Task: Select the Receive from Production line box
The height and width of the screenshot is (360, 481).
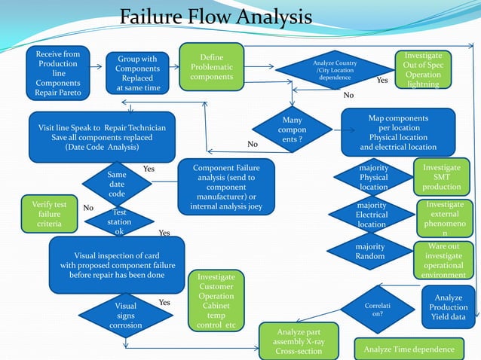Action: pyautogui.click(x=57, y=73)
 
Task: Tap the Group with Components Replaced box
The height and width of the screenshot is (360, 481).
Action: pyautogui.click(x=136, y=73)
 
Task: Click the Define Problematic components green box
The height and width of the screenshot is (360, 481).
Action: pyautogui.click(x=211, y=68)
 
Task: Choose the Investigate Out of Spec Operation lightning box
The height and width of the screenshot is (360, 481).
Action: pyautogui.click(x=423, y=70)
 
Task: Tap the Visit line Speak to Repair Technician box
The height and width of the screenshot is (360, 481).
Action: pyautogui.click(x=102, y=137)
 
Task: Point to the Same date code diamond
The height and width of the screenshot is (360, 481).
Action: pyautogui.click(x=117, y=184)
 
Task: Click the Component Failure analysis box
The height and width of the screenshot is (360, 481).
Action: pyautogui.click(x=225, y=186)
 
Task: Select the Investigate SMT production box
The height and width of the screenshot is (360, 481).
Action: pyautogui.click(x=441, y=177)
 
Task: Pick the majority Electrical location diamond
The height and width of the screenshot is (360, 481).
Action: pyautogui.click(x=372, y=215)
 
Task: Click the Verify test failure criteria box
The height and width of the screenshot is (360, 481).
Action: pyautogui.click(x=49, y=215)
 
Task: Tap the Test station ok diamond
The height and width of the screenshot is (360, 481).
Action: pyautogui.click(x=119, y=222)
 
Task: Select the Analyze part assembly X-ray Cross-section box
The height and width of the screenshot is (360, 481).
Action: pyautogui.click(x=299, y=341)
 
